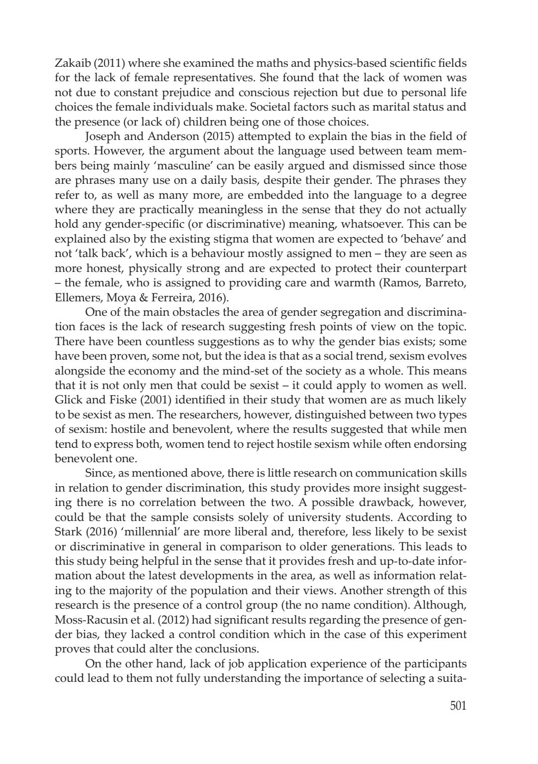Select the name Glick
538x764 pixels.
point(67,399)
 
